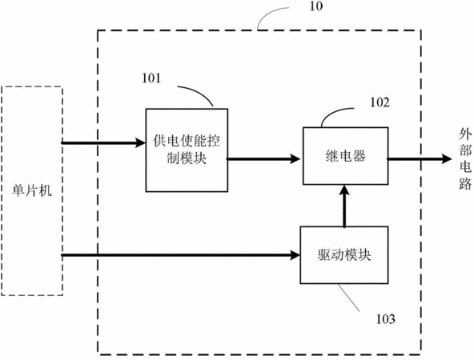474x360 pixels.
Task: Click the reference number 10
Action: (316, 6)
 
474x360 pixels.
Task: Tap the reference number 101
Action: (151, 78)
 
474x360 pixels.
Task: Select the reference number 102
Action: (380, 102)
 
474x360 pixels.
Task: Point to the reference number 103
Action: (385, 319)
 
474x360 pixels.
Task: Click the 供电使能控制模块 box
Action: (187, 150)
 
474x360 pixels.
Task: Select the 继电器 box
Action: (346, 156)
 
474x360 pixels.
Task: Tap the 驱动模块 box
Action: (344, 255)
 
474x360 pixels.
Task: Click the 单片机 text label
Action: (32, 191)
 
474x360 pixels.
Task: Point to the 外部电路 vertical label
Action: (465, 158)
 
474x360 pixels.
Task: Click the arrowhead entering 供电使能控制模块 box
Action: (140, 142)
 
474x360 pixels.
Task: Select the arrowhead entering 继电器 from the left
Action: (295, 158)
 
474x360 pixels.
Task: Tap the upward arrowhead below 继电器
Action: (344, 191)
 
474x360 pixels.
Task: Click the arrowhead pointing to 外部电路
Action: (446, 158)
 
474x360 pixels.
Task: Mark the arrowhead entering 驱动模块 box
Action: (295, 255)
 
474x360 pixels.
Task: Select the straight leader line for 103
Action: (348, 298)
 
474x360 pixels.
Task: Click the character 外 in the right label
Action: (465, 134)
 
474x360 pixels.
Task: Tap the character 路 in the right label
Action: (465, 183)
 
